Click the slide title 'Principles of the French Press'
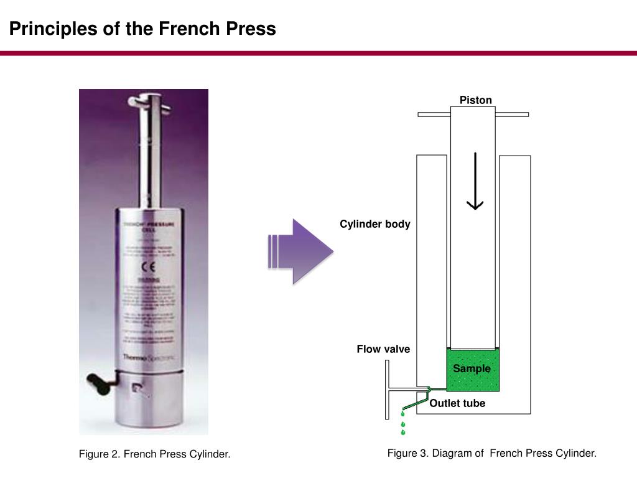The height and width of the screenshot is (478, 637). (x=142, y=29)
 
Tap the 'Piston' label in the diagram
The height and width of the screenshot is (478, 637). (x=475, y=100)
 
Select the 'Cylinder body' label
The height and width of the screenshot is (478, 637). (x=374, y=224)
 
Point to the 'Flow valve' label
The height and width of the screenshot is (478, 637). (x=383, y=349)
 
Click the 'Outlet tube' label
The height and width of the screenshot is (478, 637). (x=457, y=403)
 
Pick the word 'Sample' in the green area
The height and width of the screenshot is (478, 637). (x=472, y=368)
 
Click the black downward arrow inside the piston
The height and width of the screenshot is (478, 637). (x=475, y=180)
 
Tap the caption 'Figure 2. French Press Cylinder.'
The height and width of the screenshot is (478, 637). (x=154, y=454)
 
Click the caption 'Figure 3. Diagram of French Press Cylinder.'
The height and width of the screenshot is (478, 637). (x=491, y=453)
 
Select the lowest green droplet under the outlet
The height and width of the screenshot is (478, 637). (x=403, y=432)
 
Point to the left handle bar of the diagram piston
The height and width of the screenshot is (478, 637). (x=434, y=115)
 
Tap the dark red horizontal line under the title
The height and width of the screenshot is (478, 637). (x=318, y=54)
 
